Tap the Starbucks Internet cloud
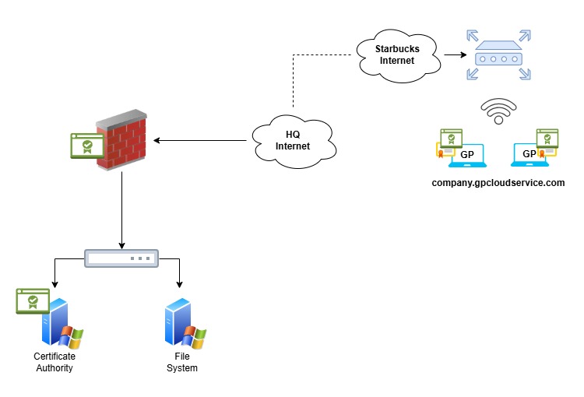[398, 54]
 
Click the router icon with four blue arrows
[498, 55]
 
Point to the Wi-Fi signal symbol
[498, 111]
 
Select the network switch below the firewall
[121, 258]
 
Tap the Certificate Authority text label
[55, 362]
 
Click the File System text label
[181, 362]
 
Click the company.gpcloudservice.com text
[498, 183]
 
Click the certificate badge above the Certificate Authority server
[33, 300]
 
